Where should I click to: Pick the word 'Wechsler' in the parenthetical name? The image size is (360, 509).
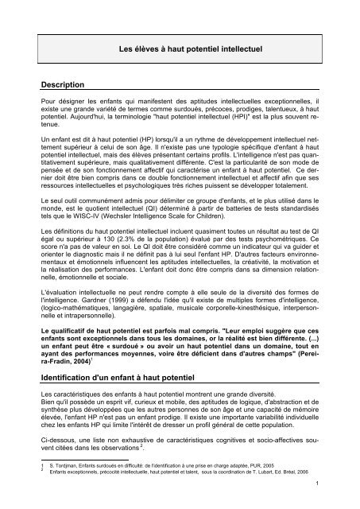(x=118, y=238)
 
